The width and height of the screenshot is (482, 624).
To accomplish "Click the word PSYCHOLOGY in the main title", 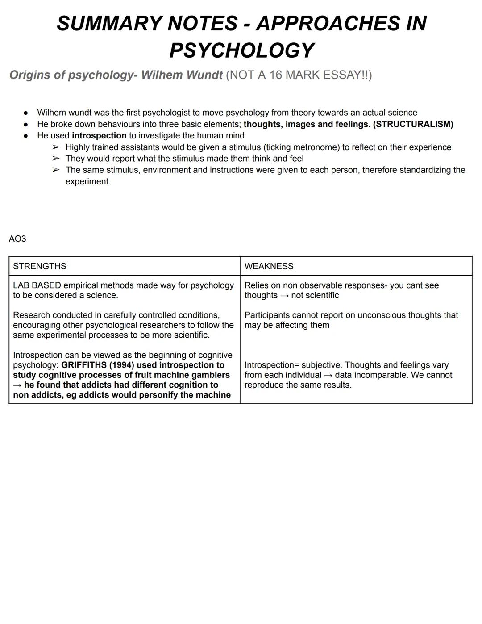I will point(242,50).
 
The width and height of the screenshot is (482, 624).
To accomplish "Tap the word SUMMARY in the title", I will point(109,23).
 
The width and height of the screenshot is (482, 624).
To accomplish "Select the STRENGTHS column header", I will point(40,266).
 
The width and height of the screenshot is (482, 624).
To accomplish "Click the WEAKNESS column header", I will point(269,266).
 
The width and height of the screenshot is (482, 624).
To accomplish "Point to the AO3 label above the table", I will point(17,239).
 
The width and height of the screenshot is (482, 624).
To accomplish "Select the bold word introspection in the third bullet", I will point(99,136).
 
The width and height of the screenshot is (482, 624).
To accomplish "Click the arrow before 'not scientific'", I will point(284,296).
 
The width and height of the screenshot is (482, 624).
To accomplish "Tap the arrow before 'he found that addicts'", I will point(18,385).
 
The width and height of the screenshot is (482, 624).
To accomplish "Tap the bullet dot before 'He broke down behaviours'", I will point(26,125).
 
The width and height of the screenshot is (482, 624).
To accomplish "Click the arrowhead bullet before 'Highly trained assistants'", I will point(55,147).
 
